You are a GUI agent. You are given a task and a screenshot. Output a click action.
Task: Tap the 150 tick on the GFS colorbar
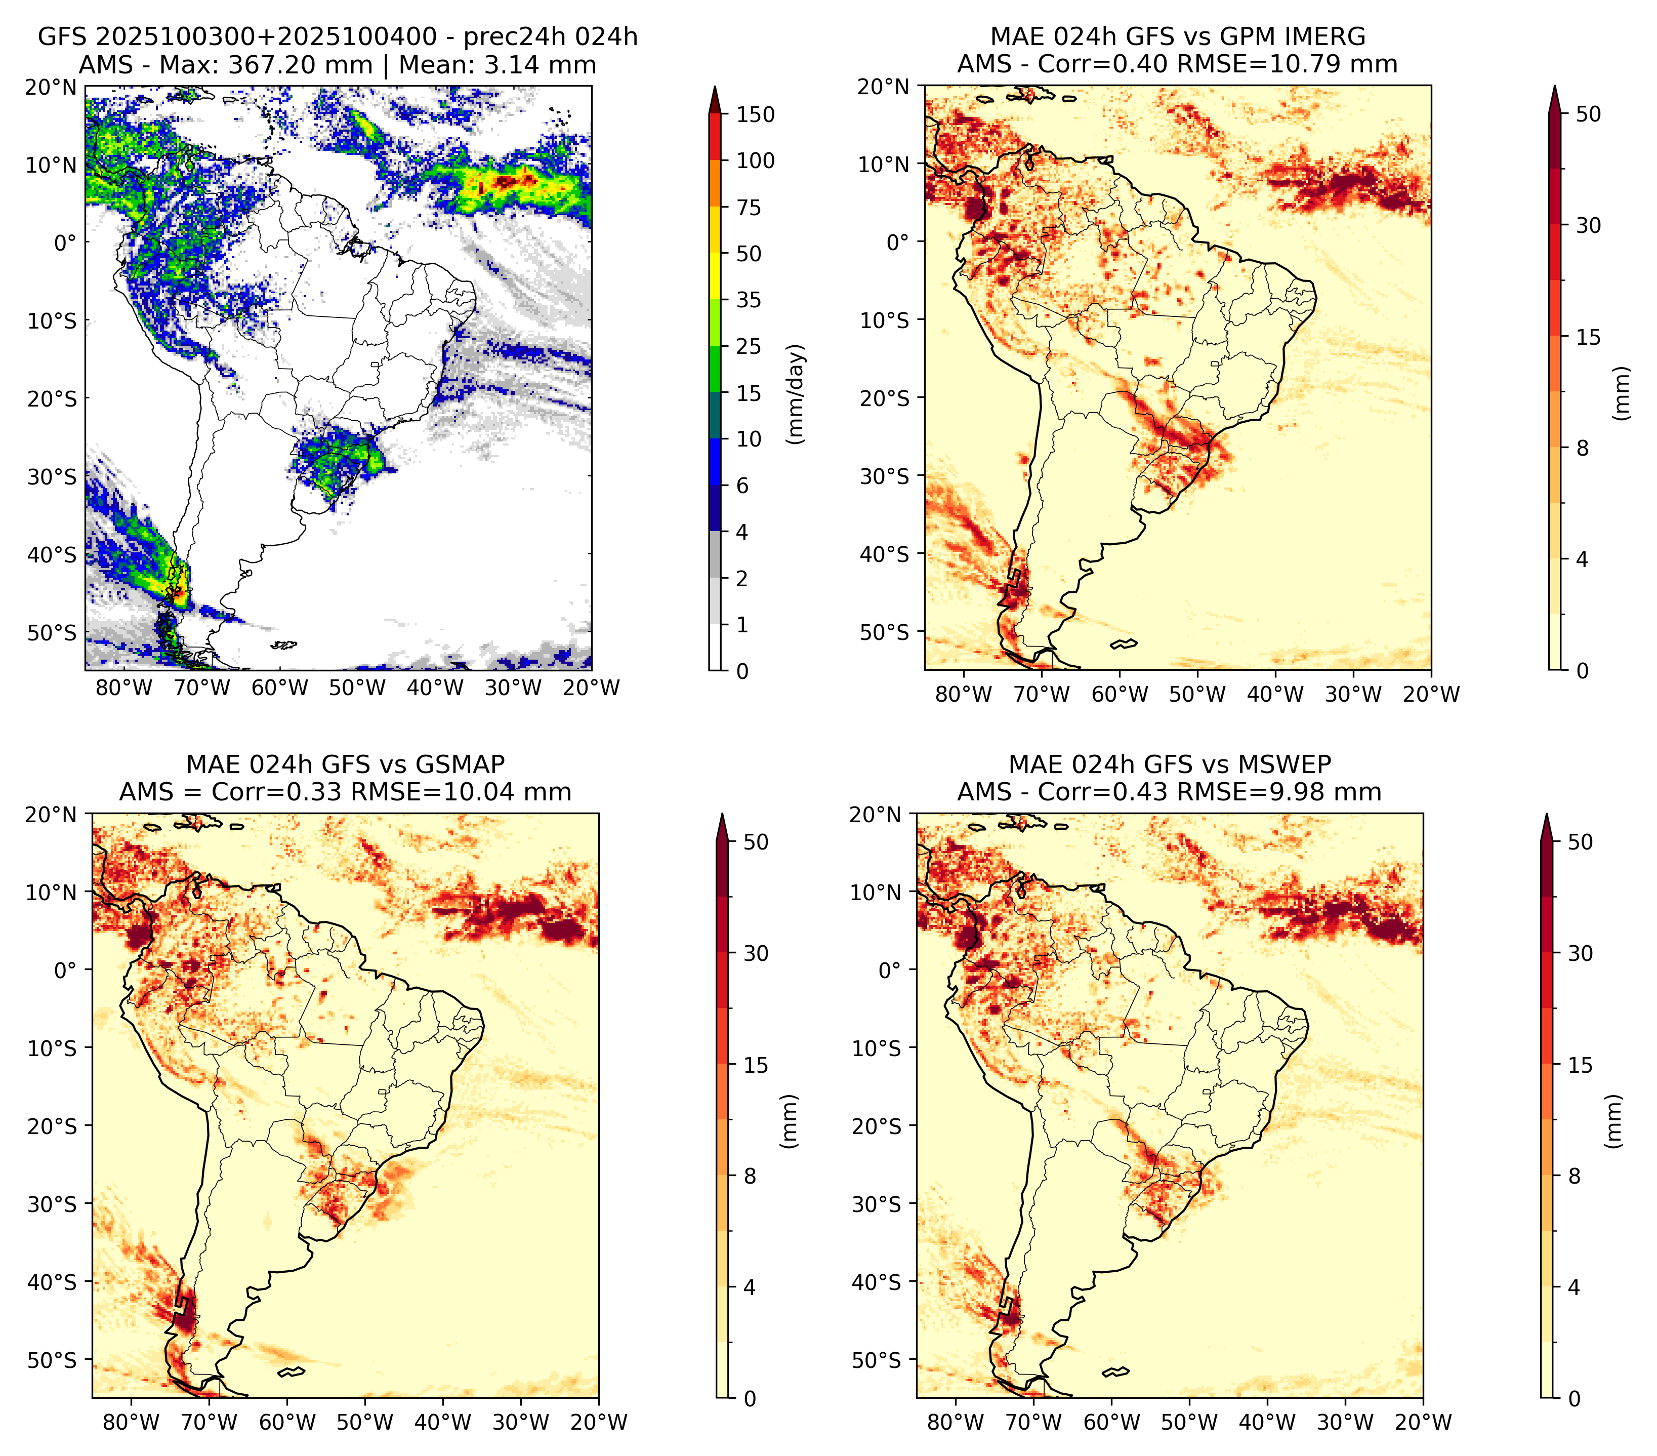(756, 115)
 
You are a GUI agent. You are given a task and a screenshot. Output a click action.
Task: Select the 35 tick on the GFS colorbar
(749, 300)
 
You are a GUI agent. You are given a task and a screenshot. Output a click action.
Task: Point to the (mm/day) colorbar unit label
(797, 394)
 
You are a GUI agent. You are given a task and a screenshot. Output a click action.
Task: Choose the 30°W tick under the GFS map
(513, 689)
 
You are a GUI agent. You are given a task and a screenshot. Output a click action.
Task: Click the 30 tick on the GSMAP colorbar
(756, 953)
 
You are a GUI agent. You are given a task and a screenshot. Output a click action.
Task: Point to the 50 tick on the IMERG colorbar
(1588, 114)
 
